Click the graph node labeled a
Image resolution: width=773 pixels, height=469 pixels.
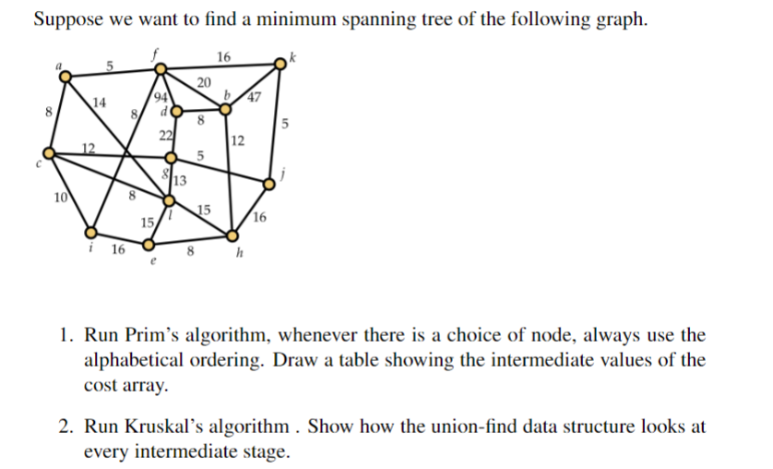[x=65, y=78]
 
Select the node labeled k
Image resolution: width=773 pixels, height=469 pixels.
[x=281, y=64]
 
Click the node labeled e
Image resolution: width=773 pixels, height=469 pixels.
[x=148, y=246]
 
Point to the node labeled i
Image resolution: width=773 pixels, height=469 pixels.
[x=91, y=233]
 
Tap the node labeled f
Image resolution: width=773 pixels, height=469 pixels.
[x=160, y=68]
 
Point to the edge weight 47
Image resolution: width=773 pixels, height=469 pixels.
[x=256, y=100]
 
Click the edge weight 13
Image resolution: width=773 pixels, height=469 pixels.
[x=180, y=180]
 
